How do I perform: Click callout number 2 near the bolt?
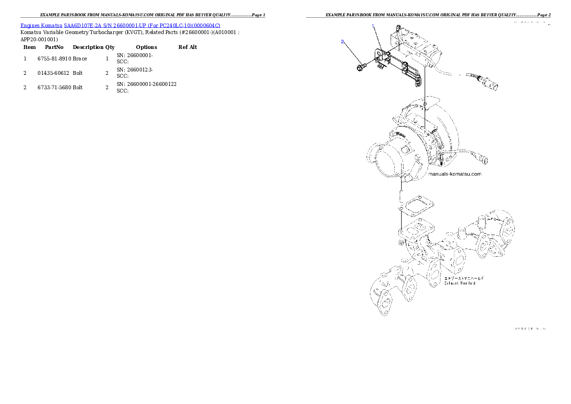(343, 42)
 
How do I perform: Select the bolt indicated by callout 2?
(361, 66)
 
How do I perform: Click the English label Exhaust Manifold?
(459, 284)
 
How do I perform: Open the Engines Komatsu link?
(41, 25)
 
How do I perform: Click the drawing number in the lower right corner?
(530, 329)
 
